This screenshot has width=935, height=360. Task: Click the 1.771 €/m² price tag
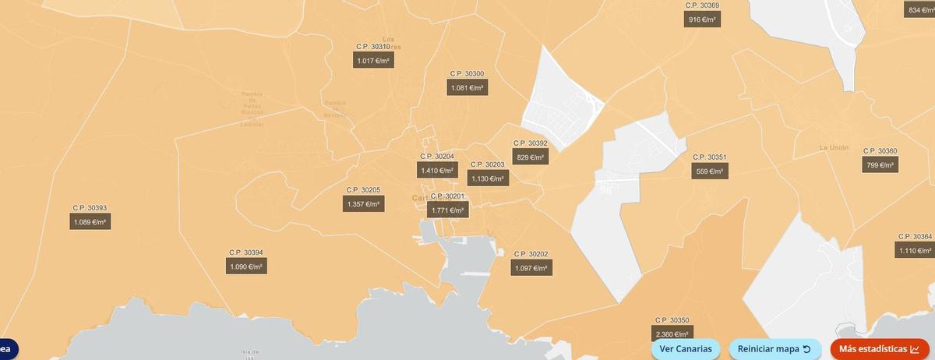[x=448, y=210]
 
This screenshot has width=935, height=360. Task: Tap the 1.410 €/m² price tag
[x=437, y=171]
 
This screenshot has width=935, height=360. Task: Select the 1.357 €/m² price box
[x=363, y=204]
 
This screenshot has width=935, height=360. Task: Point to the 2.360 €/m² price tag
[x=672, y=334]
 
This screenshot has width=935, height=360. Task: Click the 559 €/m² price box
[x=710, y=171]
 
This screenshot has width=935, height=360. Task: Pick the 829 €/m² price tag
[x=530, y=157]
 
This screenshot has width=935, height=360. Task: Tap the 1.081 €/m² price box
[x=467, y=88]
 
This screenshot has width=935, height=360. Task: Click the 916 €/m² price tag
[x=702, y=19]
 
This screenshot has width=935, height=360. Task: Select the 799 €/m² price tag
[x=880, y=165]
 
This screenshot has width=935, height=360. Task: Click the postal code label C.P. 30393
[x=90, y=208]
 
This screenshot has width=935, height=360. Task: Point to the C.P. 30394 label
[x=245, y=252]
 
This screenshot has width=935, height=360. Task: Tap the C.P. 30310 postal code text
[x=372, y=47]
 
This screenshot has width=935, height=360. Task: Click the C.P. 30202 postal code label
[x=531, y=254]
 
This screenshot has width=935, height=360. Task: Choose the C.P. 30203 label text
[x=487, y=164]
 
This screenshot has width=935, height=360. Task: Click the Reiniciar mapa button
[x=774, y=349]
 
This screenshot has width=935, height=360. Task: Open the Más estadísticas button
[x=880, y=349]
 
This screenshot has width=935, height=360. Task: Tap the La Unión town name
[x=833, y=147]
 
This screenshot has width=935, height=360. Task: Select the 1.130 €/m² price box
[x=488, y=179]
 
